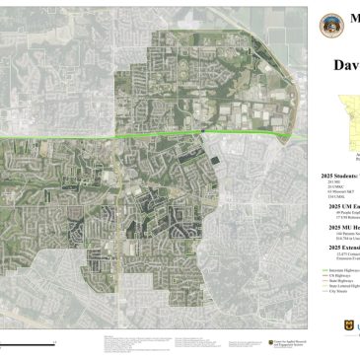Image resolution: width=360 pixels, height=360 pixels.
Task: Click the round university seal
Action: [329, 26]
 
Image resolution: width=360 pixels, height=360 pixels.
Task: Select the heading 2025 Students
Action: [340, 175]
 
